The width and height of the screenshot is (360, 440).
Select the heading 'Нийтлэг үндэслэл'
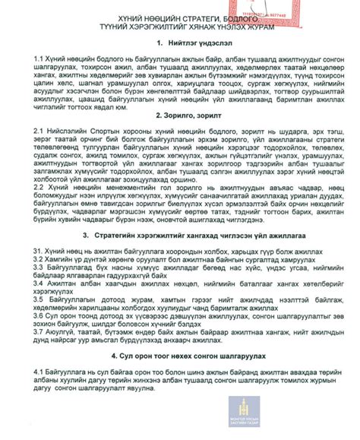tap(188, 45)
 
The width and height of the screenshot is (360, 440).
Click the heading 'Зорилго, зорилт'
tap(186, 115)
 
